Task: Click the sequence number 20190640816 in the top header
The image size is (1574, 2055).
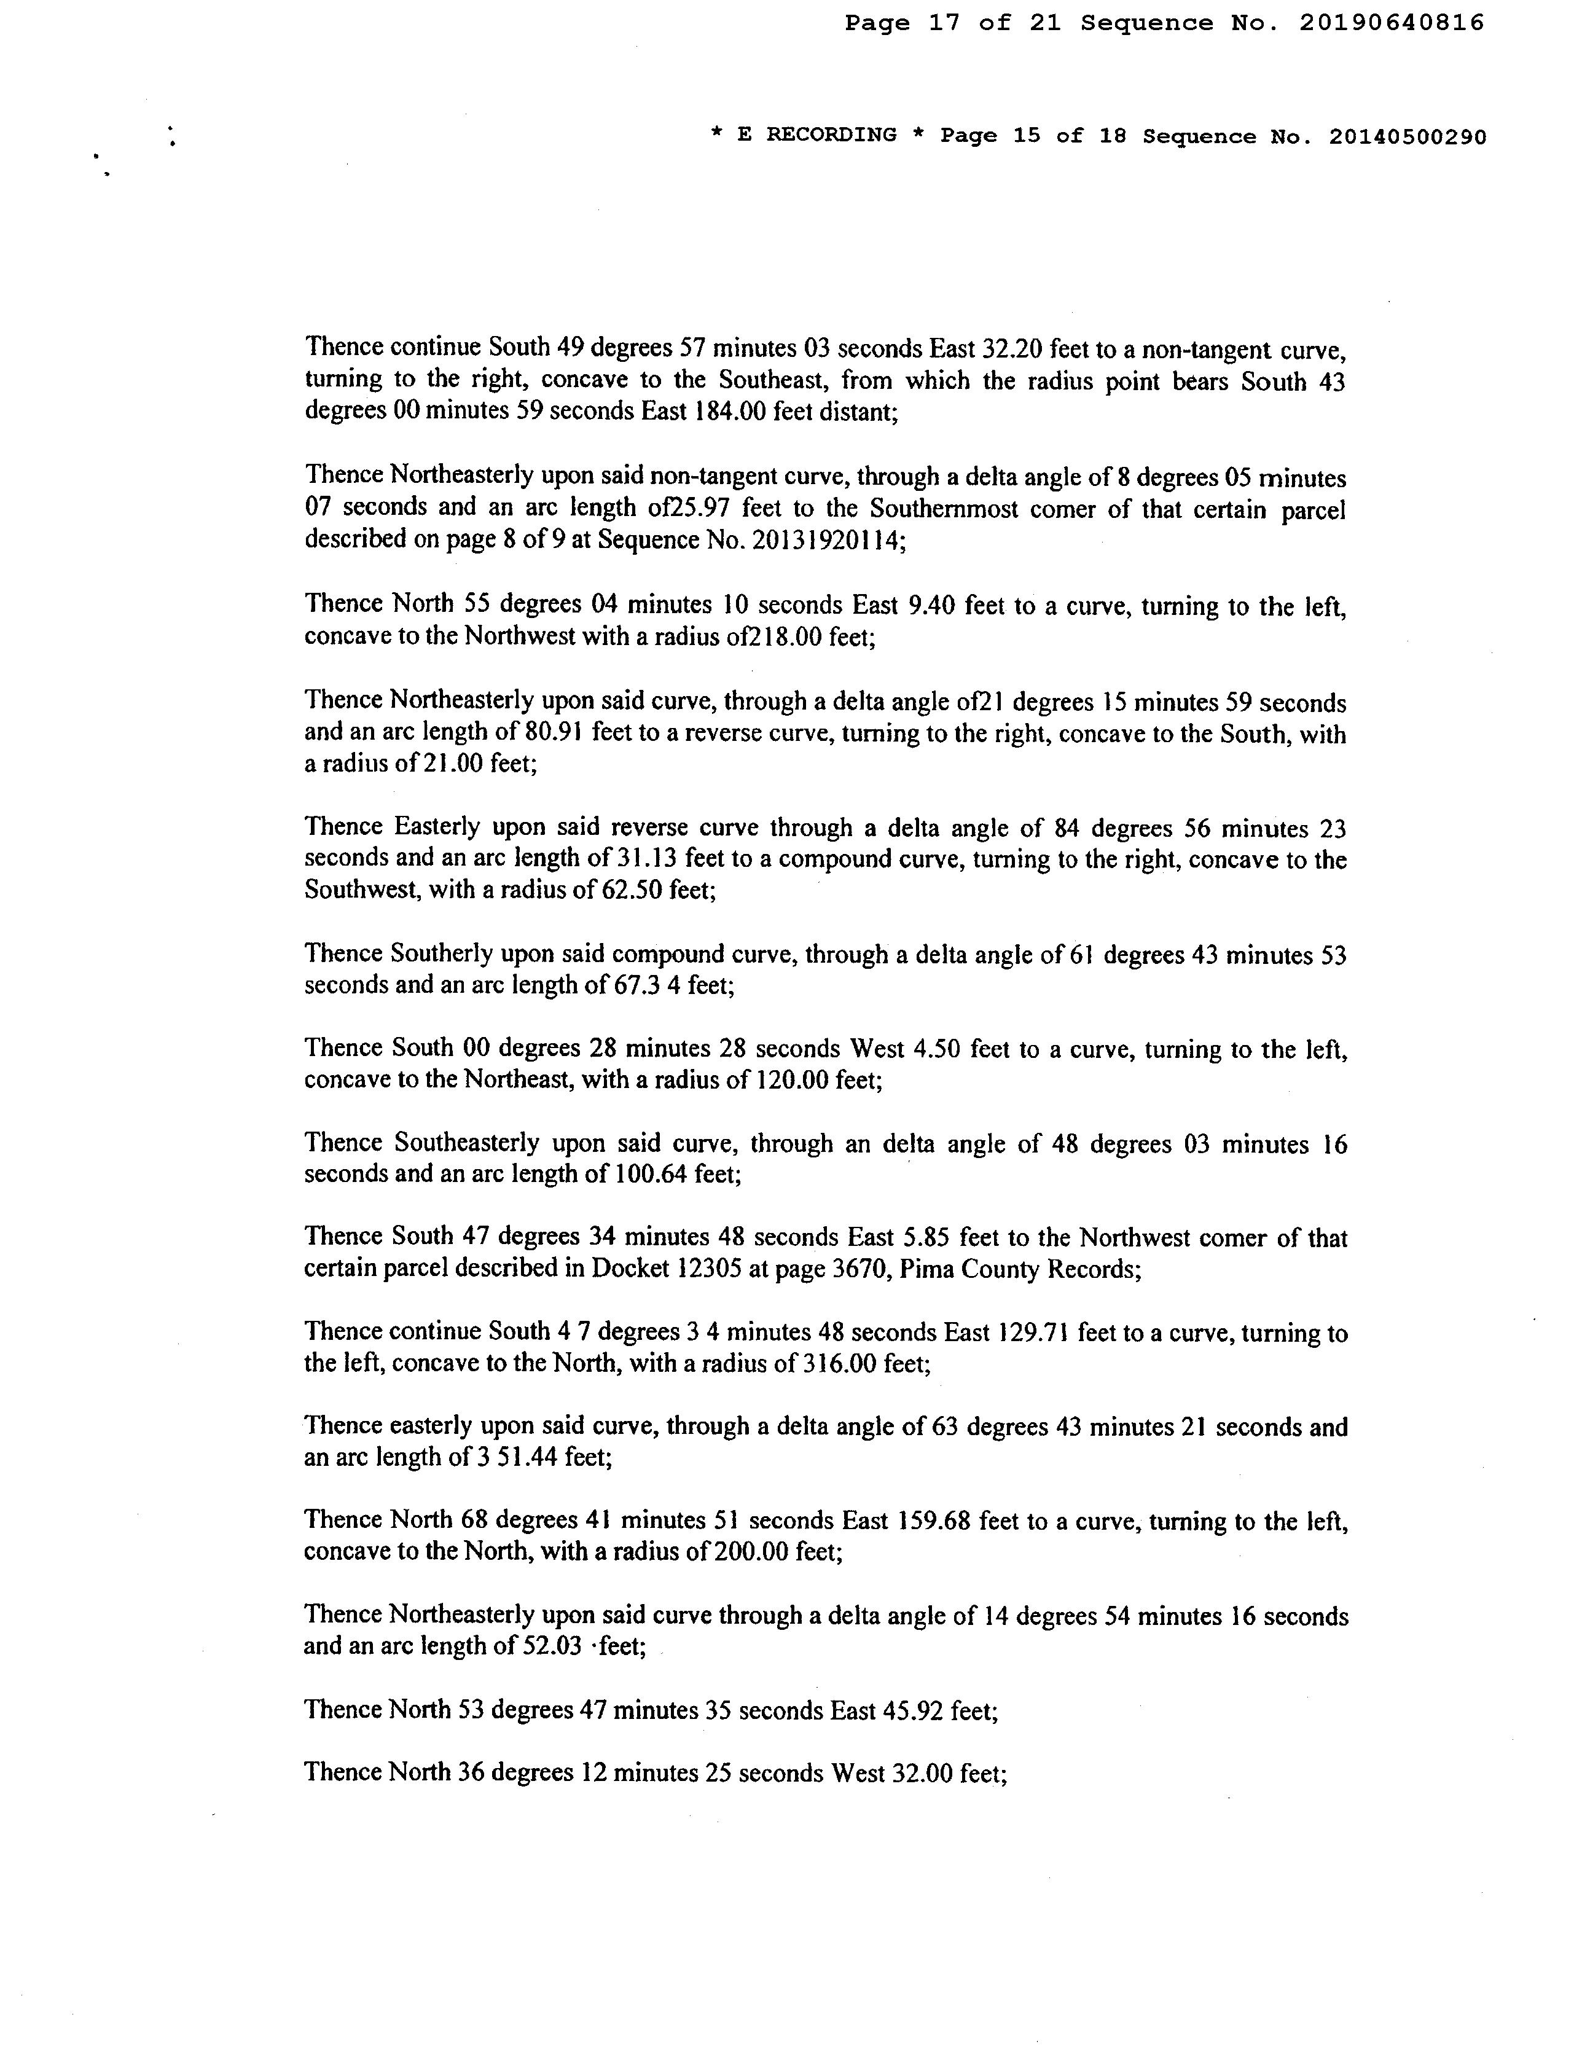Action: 1392,23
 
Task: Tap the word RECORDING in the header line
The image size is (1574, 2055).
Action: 831,135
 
